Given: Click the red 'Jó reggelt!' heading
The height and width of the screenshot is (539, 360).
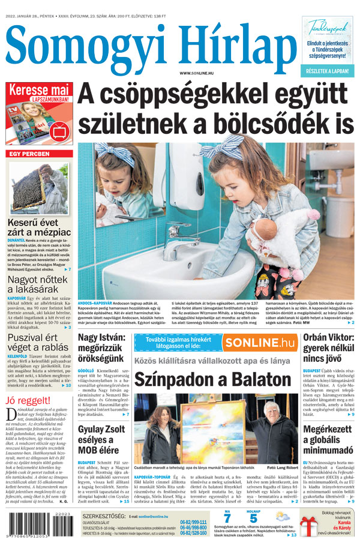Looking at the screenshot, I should (x=29, y=400).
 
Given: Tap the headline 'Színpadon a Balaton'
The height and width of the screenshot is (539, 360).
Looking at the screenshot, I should (x=212, y=379).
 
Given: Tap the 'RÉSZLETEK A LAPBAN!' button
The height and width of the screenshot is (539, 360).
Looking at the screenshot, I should (x=328, y=71).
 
